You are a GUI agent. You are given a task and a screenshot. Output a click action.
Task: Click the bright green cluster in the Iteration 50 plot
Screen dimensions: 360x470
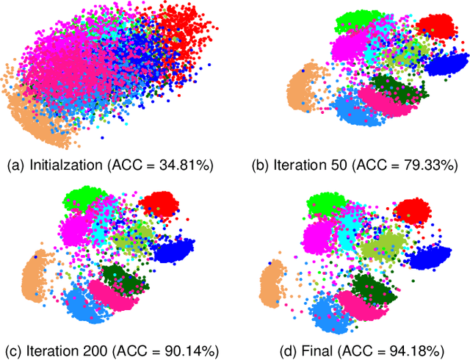[356, 22]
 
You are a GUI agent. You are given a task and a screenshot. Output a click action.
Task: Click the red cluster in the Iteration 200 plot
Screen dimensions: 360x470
[160, 203]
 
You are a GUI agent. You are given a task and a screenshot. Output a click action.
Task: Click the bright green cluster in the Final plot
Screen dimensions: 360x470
[324, 205]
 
